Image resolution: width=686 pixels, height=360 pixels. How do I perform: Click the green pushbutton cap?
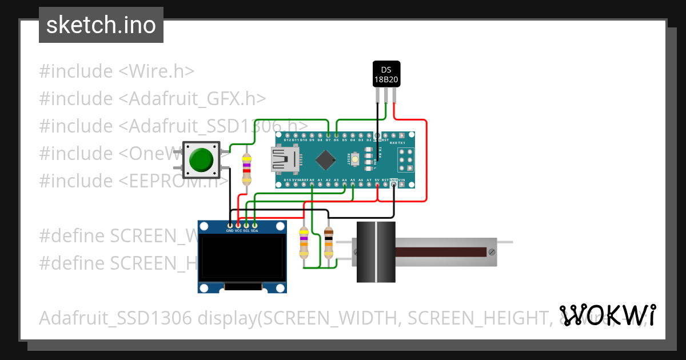click(x=201, y=159)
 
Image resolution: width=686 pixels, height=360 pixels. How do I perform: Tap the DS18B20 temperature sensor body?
click(x=386, y=74)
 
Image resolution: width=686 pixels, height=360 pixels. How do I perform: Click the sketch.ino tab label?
click(x=101, y=25)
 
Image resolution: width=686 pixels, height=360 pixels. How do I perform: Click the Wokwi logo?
click(x=608, y=315)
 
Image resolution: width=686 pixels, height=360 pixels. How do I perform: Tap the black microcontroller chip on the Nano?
click(x=325, y=159)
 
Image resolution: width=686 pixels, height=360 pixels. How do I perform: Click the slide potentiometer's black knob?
click(x=376, y=252)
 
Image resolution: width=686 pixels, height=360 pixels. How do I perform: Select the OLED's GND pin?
click(x=230, y=225)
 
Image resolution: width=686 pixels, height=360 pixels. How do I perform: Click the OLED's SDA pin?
click(x=254, y=225)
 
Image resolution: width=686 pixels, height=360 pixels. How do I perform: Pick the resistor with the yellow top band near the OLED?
click(x=304, y=242)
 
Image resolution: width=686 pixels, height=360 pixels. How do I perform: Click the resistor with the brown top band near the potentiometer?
click(x=329, y=242)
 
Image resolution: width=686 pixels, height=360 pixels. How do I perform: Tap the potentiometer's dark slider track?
click(x=440, y=252)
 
